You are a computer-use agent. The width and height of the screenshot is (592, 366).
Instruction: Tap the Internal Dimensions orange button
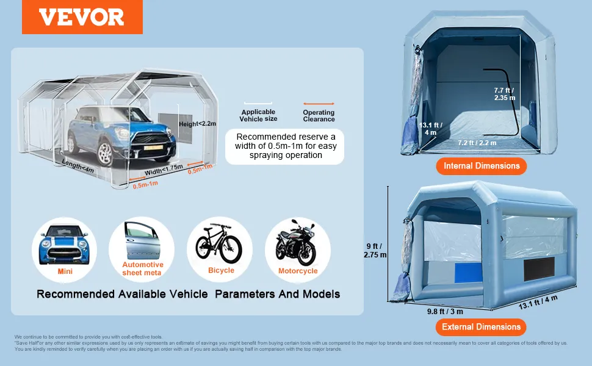click(482, 166)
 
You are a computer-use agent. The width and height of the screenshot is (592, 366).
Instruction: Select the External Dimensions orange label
click(481, 327)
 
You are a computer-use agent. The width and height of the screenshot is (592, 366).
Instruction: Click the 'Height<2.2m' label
click(198, 124)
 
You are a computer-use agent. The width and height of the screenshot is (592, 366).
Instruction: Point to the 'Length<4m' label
click(79, 166)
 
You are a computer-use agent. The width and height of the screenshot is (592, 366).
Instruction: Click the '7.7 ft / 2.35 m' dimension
click(505, 94)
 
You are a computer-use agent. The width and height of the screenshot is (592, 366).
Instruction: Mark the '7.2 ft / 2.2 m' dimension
click(477, 143)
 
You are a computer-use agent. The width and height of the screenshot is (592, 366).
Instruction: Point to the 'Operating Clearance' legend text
click(319, 116)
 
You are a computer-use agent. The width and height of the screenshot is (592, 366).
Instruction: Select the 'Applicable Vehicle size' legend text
click(258, 115)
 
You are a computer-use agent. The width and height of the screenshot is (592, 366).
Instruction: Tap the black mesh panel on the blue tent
click(539, 269)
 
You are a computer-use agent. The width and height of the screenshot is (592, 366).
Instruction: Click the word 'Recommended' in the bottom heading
click(76, 294)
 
